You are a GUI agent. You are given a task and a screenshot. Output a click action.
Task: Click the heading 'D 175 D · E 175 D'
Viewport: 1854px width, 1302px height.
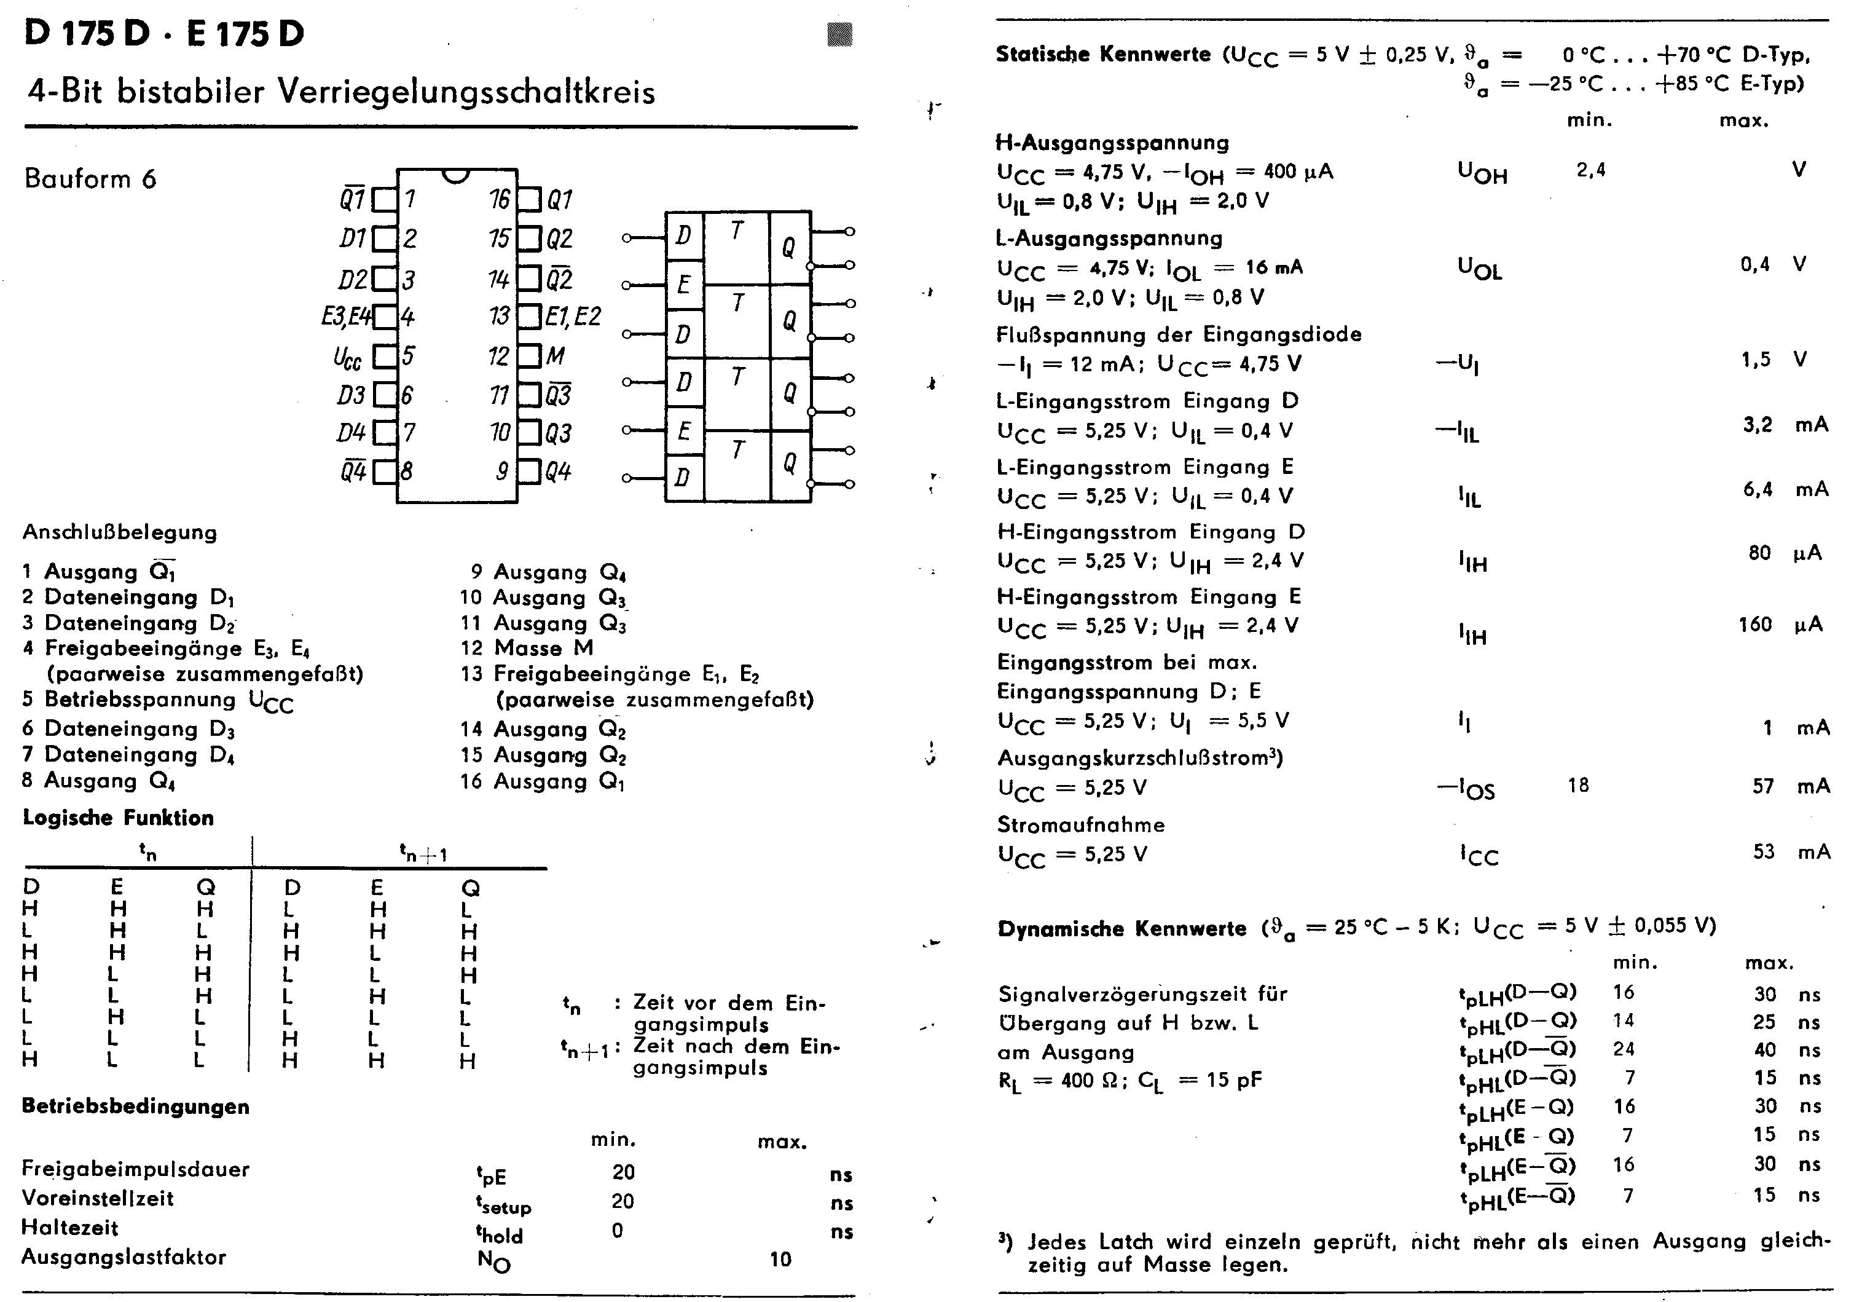(x=164, y=34)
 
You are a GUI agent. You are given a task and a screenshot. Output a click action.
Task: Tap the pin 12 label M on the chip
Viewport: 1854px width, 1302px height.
(x=555, y=355)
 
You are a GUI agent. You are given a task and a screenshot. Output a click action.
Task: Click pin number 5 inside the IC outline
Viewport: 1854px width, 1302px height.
(x=409, y=355)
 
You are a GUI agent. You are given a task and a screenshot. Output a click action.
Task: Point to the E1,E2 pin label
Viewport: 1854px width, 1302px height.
(x=573, y=316)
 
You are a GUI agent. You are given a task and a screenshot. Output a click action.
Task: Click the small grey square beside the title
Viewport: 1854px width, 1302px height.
(x=840, y=34)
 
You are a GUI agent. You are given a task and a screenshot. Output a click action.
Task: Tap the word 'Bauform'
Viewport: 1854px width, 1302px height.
(x=77, y=178)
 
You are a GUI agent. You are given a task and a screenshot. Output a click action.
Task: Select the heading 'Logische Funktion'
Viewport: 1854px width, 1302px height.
(x=118, y=818)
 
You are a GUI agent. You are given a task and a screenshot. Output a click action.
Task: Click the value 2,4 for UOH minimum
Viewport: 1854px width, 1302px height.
(x=1591, y=170)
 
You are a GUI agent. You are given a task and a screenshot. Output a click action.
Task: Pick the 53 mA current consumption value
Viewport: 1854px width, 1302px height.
(x=1764, y=851)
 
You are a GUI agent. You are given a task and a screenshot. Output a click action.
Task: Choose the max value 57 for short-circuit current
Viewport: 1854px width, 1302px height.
(x=1763, y=786)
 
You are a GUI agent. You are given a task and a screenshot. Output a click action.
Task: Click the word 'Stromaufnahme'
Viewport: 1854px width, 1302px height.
(x=1080, y=824)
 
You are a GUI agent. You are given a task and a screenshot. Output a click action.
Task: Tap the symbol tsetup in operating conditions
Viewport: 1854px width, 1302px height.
(x=504, y=1204)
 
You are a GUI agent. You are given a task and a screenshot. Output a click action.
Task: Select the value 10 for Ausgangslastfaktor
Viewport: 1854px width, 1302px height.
(x=780, y=1259)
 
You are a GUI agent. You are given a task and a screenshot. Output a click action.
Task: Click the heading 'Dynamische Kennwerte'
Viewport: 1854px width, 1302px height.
(x=1121, y=928)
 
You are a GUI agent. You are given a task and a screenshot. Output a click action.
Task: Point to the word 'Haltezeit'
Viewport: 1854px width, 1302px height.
(x=69, y=1228)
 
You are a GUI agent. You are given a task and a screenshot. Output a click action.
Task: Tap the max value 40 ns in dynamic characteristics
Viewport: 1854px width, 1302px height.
(x=1764, y=1050)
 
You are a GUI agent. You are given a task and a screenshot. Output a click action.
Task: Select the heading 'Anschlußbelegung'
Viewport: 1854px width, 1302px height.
(x=119, y=532)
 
